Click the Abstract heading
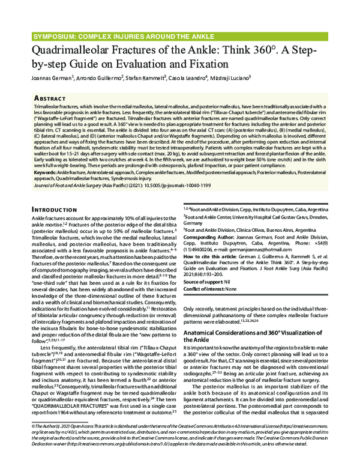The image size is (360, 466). (41, 97)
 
